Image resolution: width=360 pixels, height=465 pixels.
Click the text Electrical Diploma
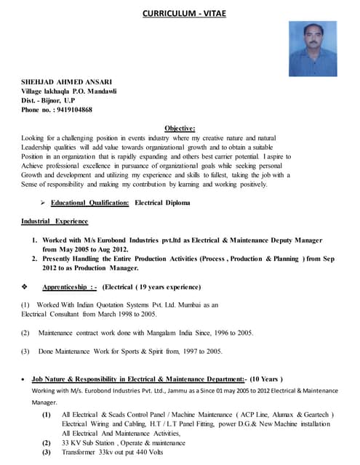[x=162, y=203]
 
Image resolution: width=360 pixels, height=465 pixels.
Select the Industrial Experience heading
[x=55, y=221]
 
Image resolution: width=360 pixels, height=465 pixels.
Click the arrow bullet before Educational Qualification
[x=44, y=203]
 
